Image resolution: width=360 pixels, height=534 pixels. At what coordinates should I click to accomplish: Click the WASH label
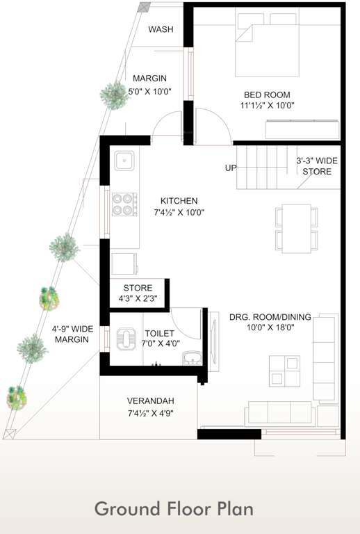point(161,29)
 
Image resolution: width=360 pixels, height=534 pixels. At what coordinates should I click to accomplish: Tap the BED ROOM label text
point(267,95)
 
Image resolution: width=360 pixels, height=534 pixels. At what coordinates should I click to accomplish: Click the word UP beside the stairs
point(231,168)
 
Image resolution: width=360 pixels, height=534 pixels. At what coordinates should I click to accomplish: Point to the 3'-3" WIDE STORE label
point(317,165)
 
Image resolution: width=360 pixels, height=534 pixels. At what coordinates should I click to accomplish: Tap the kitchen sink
point(125,162)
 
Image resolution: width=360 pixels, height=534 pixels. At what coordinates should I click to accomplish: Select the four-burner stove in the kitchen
point(124,203)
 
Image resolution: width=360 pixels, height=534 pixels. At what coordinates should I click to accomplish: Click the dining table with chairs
point(297,229)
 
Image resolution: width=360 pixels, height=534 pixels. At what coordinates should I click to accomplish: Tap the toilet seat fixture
point(127,337)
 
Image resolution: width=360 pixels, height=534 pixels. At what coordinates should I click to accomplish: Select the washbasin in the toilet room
point(190,358)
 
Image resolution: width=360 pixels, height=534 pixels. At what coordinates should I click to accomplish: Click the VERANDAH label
point(150,401)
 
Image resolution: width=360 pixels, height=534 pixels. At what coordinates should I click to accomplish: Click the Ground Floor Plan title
point(174,508)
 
